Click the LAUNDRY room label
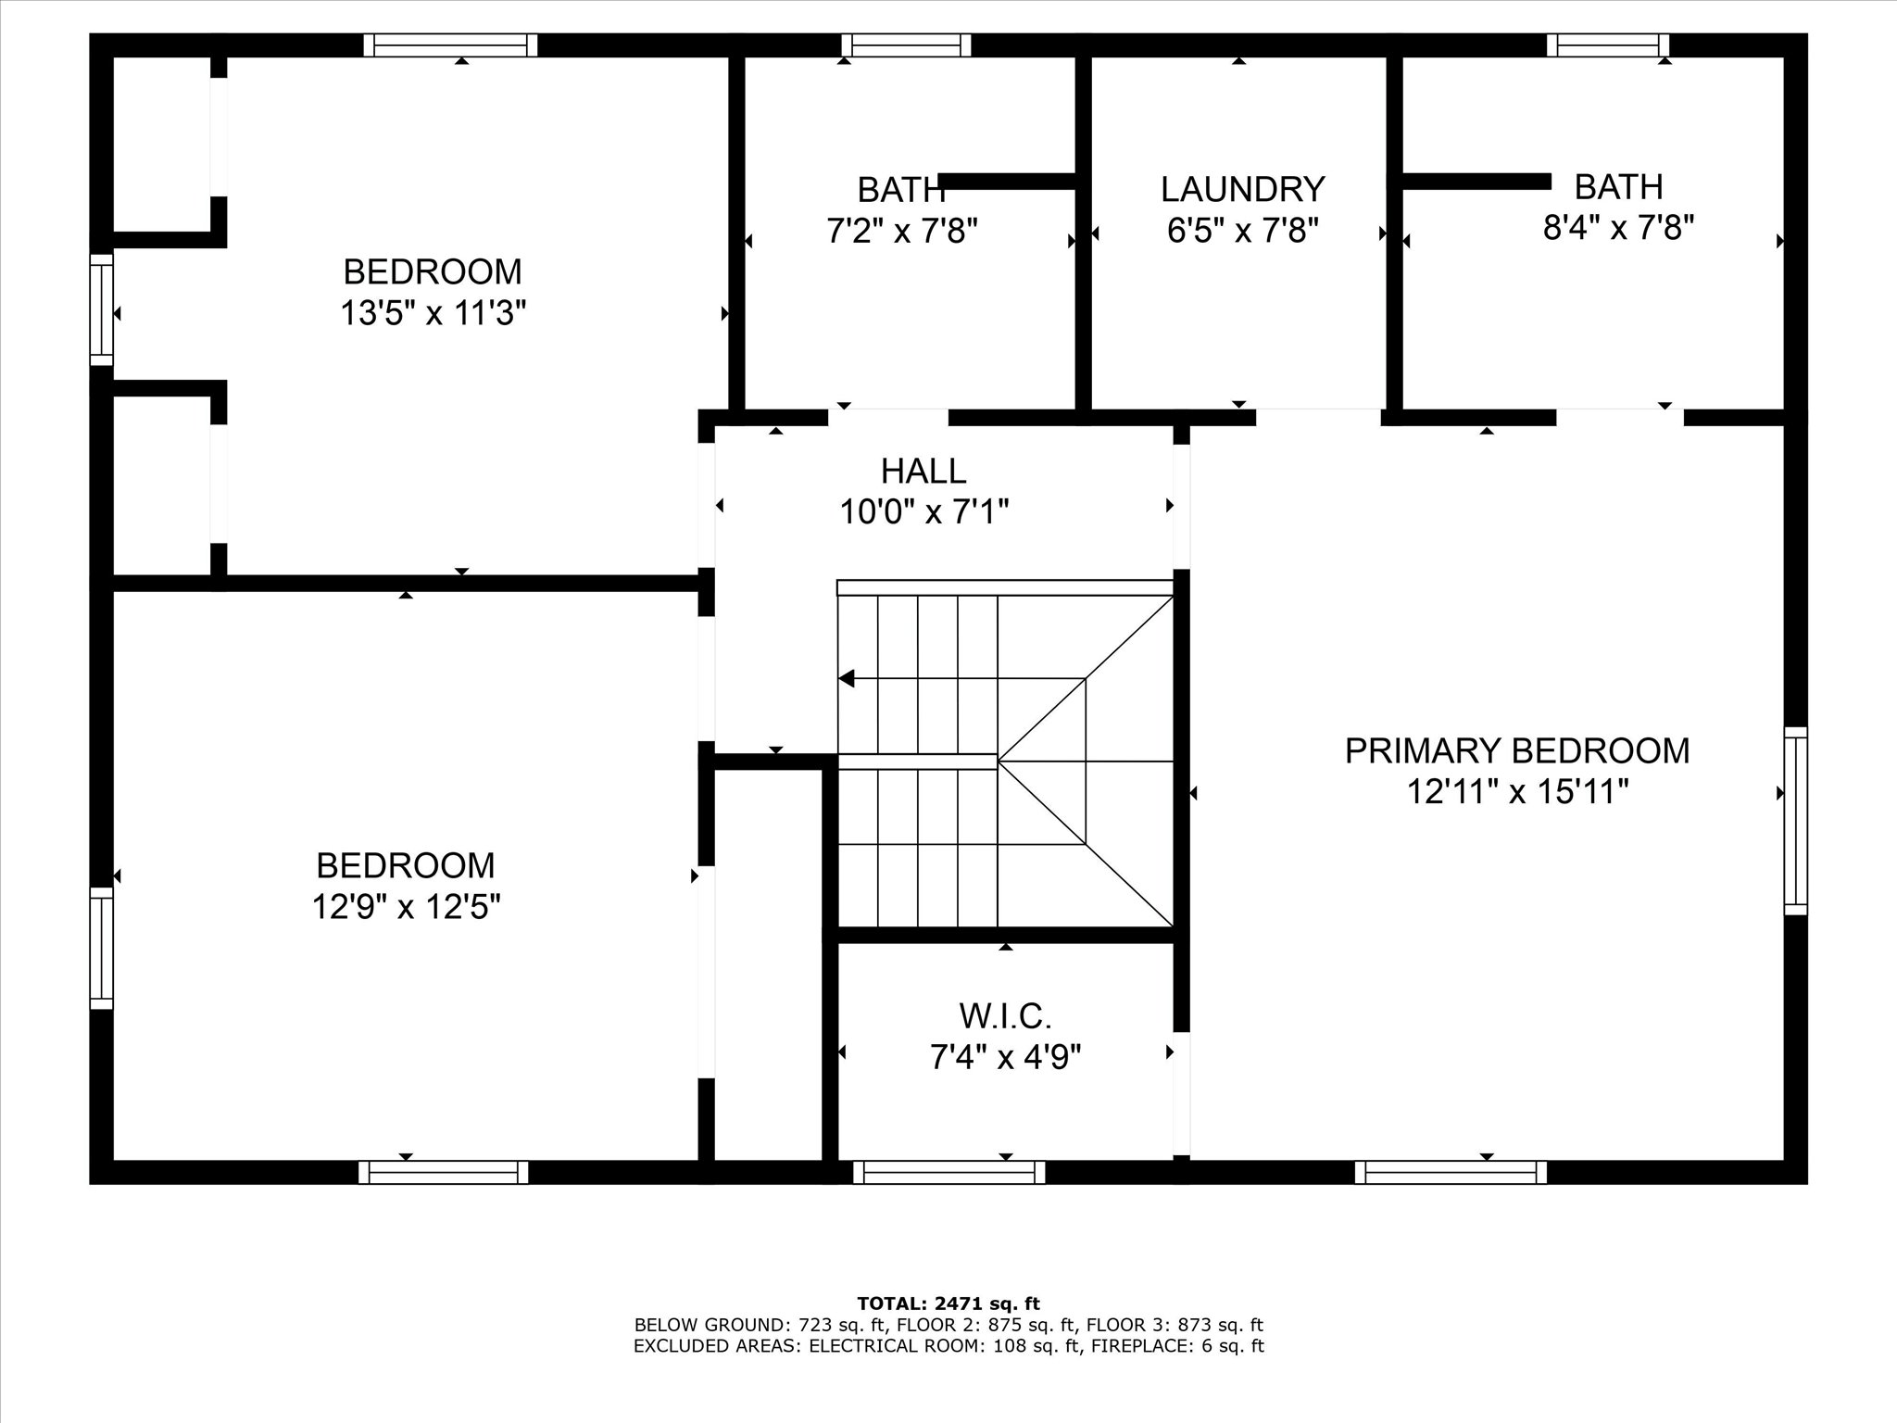(1242, 189)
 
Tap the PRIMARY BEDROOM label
(1517, 750)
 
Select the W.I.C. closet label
(1006, 1016)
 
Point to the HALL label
(923, 471)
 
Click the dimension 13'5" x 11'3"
(433, 313)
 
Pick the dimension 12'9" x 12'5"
(406, 906)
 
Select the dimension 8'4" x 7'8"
(1618, 227)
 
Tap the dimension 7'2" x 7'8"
(902, 230)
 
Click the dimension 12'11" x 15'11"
(1517, 792)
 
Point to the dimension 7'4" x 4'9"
(1006, 1056)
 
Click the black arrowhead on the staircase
(846, 678)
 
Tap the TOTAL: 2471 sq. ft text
(948, 1304)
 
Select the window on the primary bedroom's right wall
(1796, 821)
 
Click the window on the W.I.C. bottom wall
(949, 1172)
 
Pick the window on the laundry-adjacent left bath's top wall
(907, 45)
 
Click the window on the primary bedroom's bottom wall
(1451, 1172)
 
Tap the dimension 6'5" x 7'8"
(1242, 230)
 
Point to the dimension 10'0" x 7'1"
(923, 511)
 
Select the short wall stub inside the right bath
(1476, 181)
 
